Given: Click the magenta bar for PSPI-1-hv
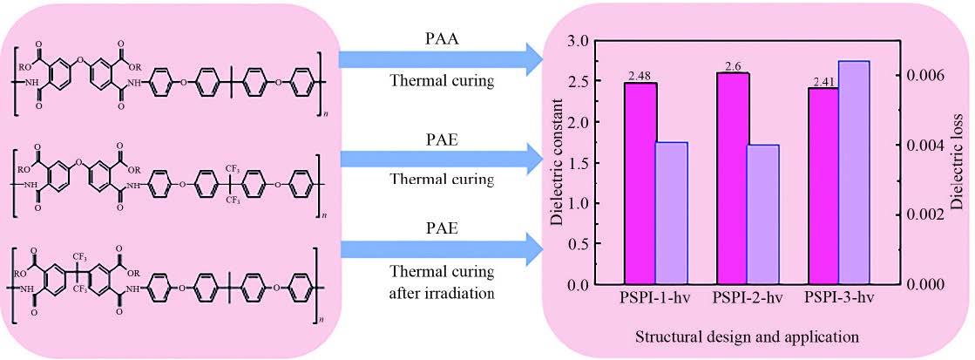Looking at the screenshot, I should (x=640, y=183).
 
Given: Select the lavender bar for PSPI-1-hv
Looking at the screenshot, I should (x=672, y=213).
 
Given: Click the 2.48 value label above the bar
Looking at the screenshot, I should (x=640, y=77).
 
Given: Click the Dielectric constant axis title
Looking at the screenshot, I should (x=557, y=163).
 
